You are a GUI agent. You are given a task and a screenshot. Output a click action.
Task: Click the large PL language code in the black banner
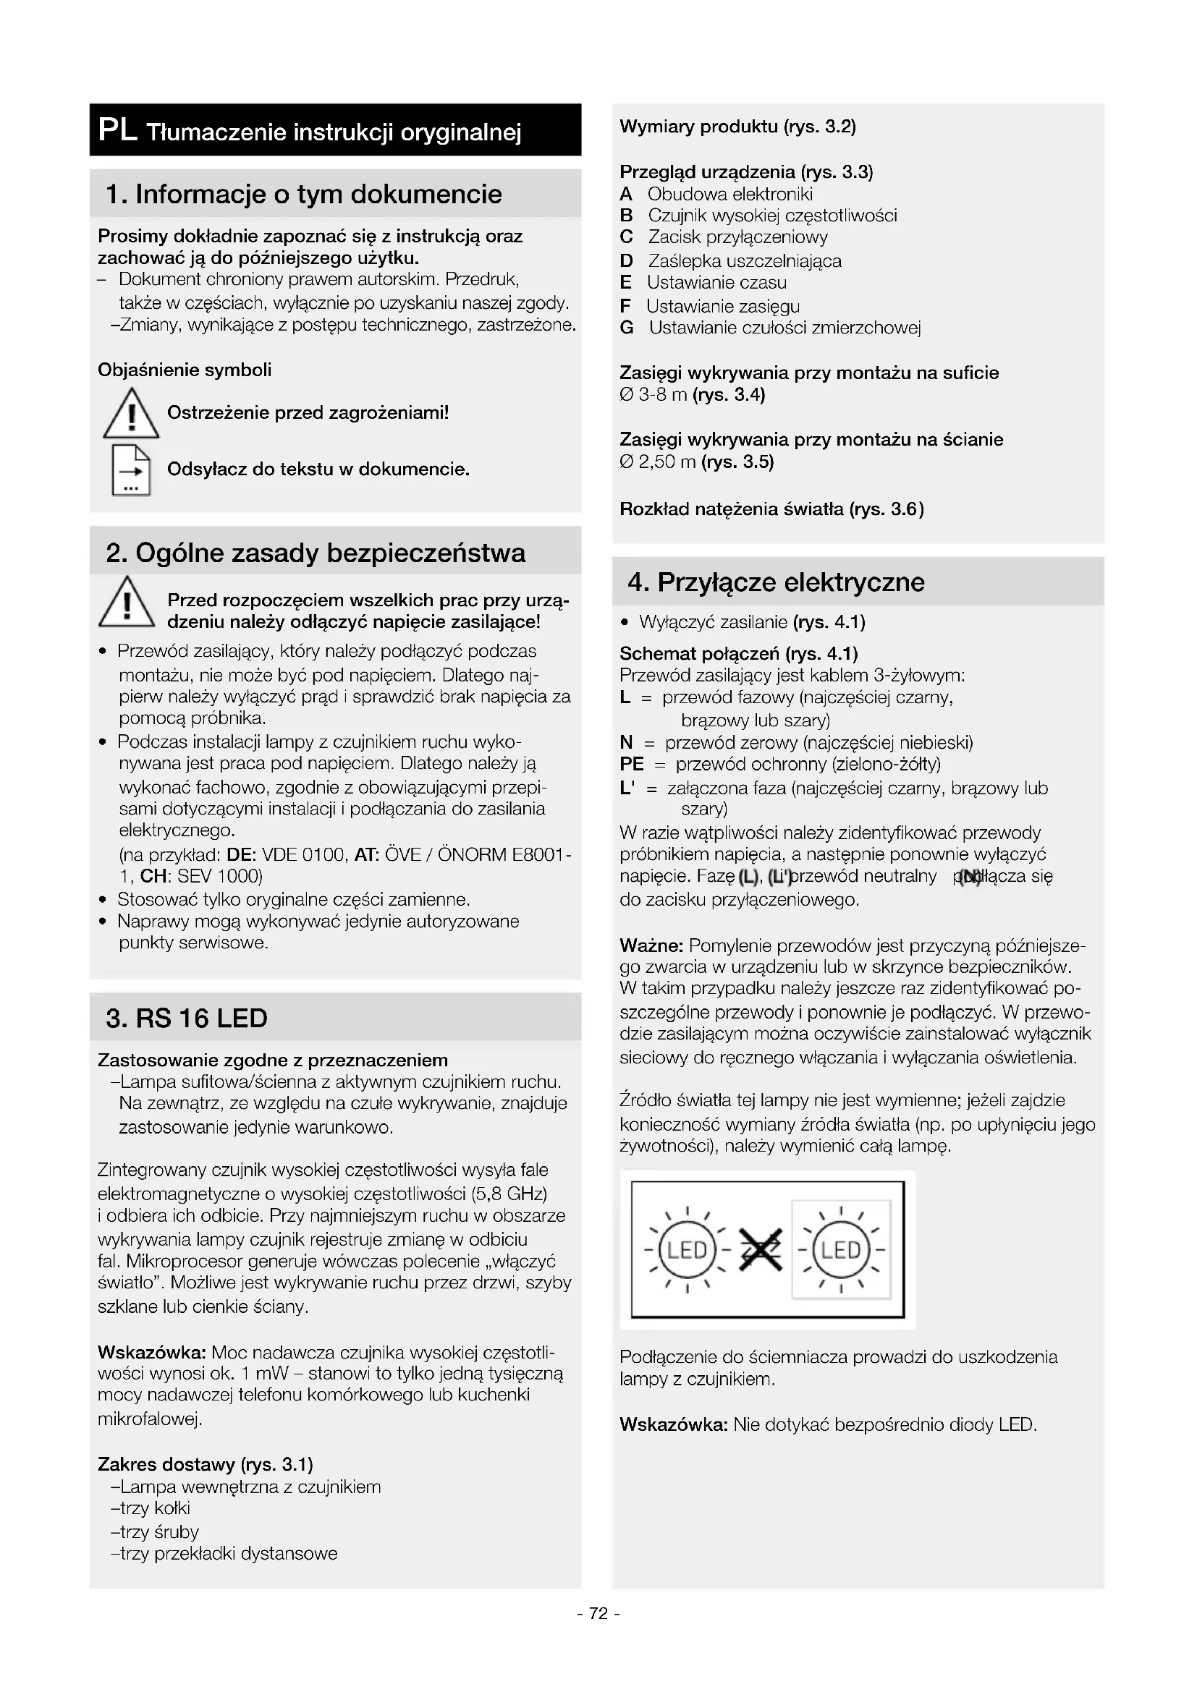(117, 130)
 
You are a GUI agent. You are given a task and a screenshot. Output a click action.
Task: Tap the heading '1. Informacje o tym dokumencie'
(304, 195)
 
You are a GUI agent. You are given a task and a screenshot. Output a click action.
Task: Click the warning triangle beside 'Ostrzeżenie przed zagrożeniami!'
(130, 415)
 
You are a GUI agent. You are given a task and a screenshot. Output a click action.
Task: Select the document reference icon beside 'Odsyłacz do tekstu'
(130, 470)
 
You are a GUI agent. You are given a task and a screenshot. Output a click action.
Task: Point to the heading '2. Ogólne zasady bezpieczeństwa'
(316, 553)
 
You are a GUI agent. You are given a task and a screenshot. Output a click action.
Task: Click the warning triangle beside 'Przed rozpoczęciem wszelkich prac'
(126, 603)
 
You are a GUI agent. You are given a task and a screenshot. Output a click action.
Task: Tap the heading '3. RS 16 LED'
(187, 1019)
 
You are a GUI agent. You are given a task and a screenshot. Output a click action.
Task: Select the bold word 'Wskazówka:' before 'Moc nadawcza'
(152, 1352)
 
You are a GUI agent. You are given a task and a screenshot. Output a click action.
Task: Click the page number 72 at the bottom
(598, 1614)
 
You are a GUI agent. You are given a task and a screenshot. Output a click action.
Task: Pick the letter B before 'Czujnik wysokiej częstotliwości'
(627, 216)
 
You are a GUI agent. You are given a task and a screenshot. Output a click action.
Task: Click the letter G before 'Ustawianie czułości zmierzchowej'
(627, 328)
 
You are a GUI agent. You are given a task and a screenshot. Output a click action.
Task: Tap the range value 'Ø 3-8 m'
(653, 395)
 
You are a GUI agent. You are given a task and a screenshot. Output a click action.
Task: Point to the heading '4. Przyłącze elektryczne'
(776, 582)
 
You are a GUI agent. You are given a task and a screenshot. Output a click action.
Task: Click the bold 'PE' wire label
(632, 764)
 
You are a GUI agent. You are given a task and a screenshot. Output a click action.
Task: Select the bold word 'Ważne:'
(651, 945)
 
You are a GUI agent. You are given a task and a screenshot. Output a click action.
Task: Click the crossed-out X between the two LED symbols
(760, 1250)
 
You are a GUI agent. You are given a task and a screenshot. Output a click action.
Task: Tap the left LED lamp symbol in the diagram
(687, 1250)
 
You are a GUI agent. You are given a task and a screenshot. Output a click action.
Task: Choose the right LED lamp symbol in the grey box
(840, 1250)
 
